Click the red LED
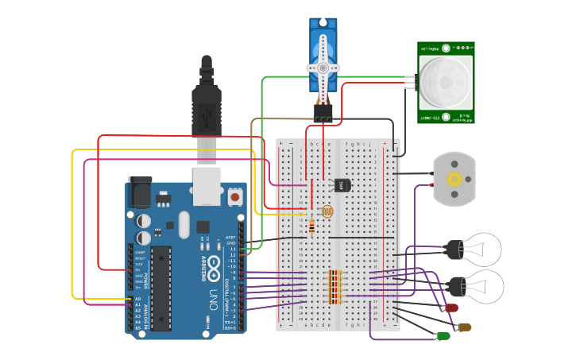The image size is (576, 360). pos(451,307)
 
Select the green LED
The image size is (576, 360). pos(443,335)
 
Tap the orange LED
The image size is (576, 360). pos(465,326)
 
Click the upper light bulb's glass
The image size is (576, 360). pos(483,249)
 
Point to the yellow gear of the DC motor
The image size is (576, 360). pos(454,179)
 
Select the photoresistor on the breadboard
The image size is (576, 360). pos(325,212)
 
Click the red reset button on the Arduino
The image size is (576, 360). pos(235,195)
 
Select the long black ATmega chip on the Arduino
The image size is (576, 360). pos(161,288)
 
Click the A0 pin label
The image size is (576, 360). pos(137,299)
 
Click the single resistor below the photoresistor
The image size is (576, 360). pos(311,228)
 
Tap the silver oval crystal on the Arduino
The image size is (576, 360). pos(184,224)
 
